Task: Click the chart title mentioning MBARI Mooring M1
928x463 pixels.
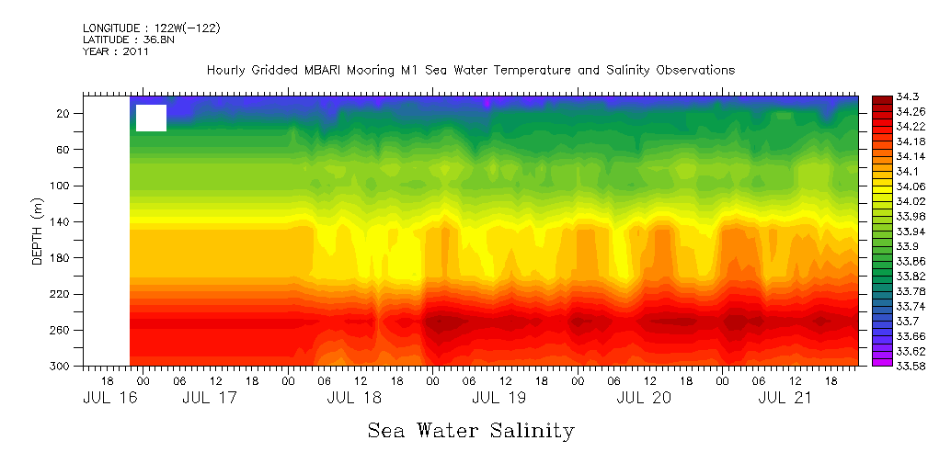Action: [x=471, y=70]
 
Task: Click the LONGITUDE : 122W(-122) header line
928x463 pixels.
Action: [x=151, y=28]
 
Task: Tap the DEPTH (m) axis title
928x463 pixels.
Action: [x=38, y=233]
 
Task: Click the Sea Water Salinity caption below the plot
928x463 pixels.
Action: [x=471, y=430]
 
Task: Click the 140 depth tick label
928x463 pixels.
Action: [x=62, y=221]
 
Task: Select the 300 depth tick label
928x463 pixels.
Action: [x=62, y=366]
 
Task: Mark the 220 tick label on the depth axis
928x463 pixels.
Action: [x=62, y=294]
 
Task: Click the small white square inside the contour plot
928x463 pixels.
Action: [x=151, y=118]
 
